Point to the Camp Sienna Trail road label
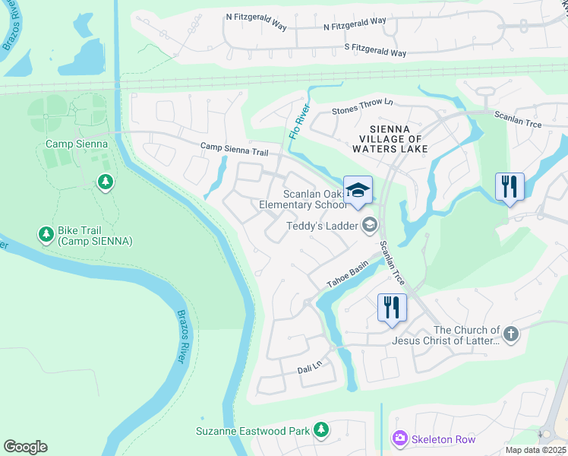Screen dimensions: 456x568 234,148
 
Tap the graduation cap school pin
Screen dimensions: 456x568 358,190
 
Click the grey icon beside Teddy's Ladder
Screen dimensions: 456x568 369,224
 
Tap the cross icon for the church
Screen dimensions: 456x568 512,333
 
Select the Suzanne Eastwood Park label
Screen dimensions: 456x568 253,431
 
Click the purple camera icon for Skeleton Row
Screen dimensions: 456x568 399,439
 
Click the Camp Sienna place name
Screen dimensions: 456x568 76,144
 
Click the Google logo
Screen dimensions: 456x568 25,447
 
